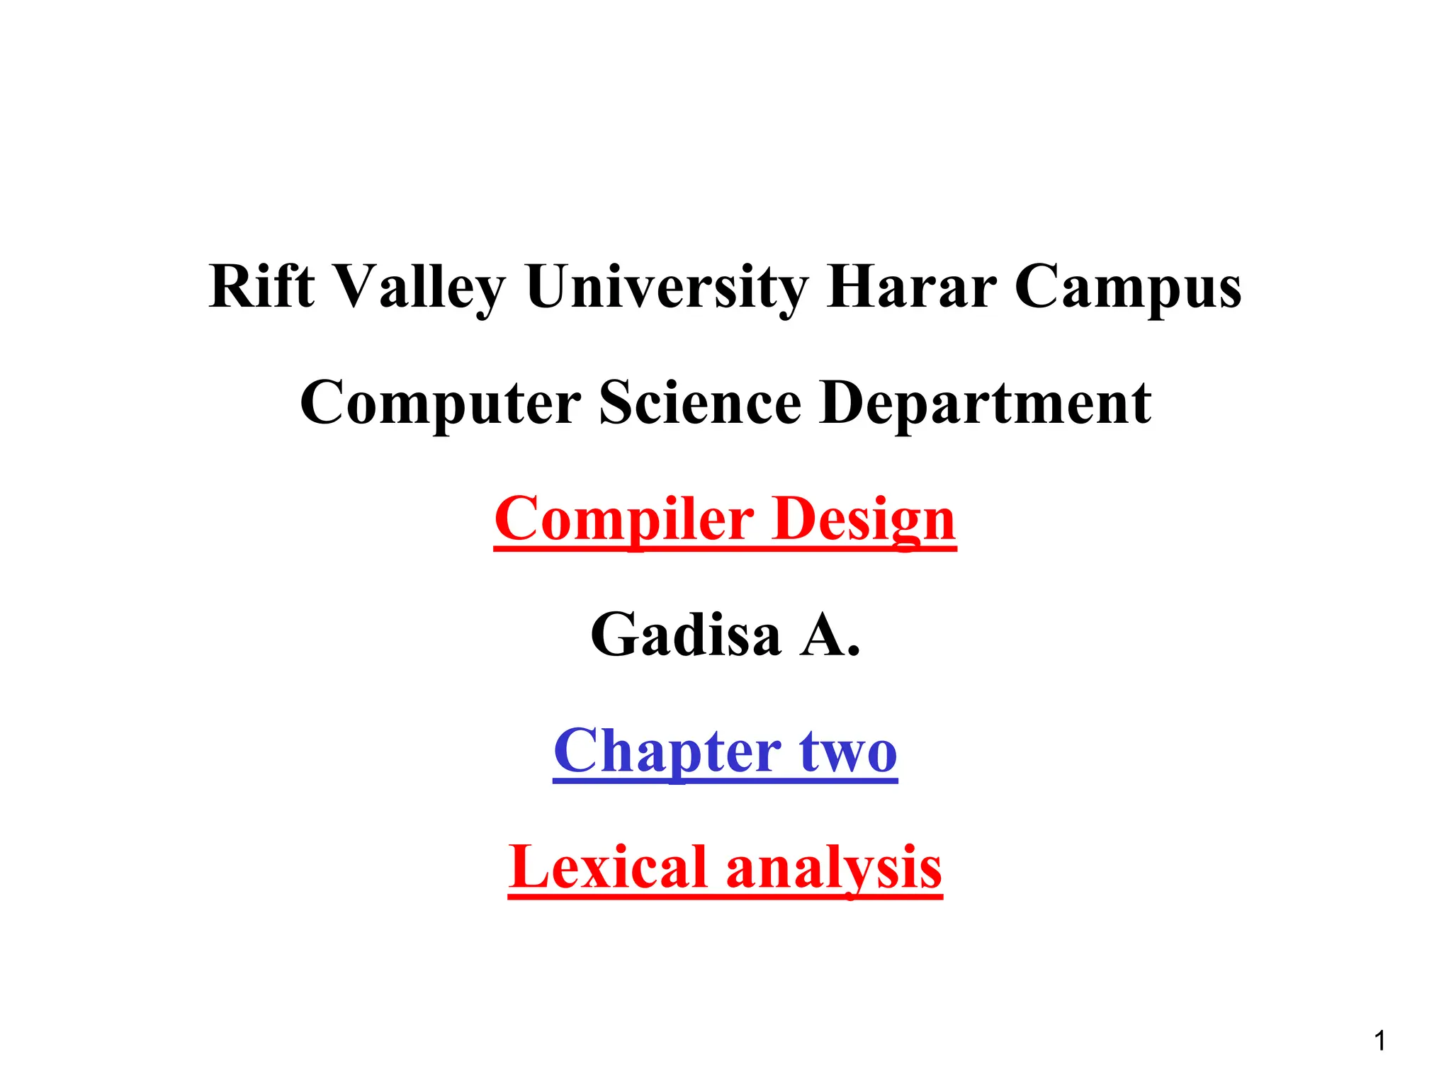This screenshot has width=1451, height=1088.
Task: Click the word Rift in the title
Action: (261, 286)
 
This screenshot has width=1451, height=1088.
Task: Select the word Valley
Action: (419, 288)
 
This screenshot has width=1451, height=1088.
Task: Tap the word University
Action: (666, 288)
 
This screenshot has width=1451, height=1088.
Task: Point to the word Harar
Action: (911, 286)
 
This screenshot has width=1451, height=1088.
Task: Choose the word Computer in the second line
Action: (440, 402)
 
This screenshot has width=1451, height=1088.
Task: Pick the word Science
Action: (700, 402)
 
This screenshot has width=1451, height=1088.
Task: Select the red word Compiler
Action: (623, 519)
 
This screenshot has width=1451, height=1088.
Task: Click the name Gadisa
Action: (686, 635)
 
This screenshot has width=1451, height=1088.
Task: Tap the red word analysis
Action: (834, 868)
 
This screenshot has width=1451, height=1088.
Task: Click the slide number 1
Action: (1379, 1041)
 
